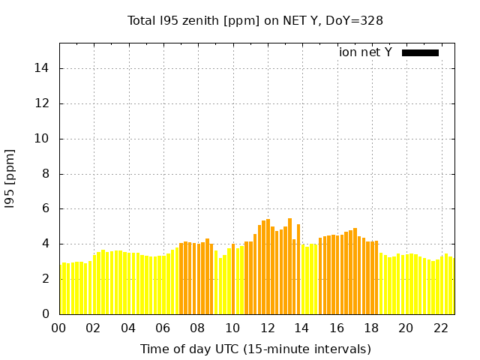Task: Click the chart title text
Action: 255,20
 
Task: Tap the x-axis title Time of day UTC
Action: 256,349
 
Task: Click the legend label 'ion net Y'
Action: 365,52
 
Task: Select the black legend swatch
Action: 420,52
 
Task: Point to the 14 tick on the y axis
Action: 44,69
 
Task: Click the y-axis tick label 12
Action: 44,103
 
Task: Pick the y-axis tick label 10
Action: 44,139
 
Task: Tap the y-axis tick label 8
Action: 47,174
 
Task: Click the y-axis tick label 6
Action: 47,208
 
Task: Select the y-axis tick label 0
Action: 47,313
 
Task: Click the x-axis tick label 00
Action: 58,328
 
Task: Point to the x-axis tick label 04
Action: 128,328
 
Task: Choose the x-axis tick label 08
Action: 197,328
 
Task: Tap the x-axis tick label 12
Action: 267,328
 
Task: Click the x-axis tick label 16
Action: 336,328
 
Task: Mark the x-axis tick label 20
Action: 406,328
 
